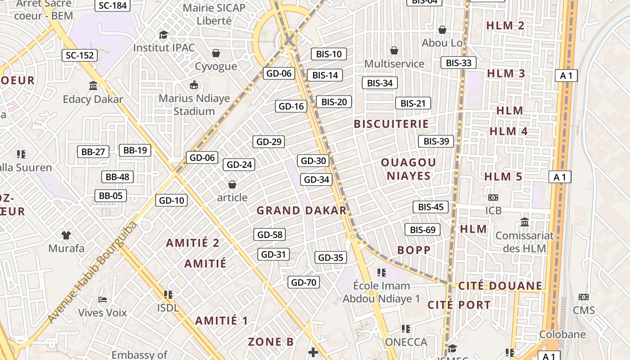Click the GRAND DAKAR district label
pos(301,211)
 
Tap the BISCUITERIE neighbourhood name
pos(391,124)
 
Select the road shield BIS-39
pos(436,141)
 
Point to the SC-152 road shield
pos(80,55)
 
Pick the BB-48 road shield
pos(117,177)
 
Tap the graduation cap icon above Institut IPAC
pos(163,35)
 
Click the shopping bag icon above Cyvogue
pos(216,53)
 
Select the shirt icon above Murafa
pos(66,235)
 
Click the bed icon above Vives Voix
pos(103,299)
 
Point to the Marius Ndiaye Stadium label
pos(194,105)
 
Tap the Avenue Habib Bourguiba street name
pos(92,272)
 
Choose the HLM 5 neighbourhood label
pos(504,177)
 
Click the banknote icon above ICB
pos(493,198)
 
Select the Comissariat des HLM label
pos(524,242)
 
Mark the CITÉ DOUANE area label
pos(500,286)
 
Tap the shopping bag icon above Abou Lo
pos(442,30)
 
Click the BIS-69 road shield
pos(423,230)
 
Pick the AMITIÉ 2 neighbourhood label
pos(193,243)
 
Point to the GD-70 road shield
pos(304,283)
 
